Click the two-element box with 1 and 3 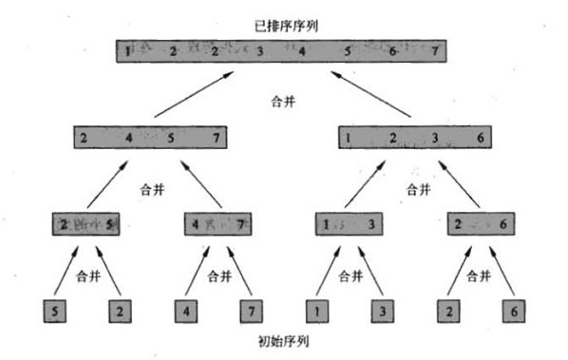click(x=348, y=224)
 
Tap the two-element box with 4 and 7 click(x=218, y=224)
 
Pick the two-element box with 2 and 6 click(x=479, y=224)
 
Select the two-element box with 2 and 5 click(x=87, y=224)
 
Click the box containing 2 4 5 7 click(x=153, y=138)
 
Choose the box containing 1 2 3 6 click(x=414, y=138)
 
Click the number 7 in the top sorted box click(x=435, y=50)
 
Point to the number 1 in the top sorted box click(x=127, y=50)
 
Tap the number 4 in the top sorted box click(x=302, y=50)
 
